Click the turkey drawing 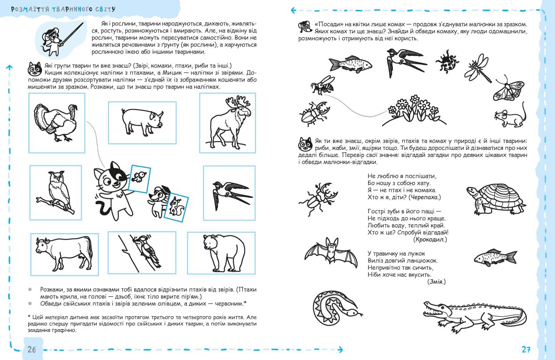click(x=55, y=122)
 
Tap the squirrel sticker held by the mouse click(x=177, y=207)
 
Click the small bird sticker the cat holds click(x=140, y=176)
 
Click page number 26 click(x=31, y=350)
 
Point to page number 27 click(x=526, y=350)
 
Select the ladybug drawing click(x=448, y=61)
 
